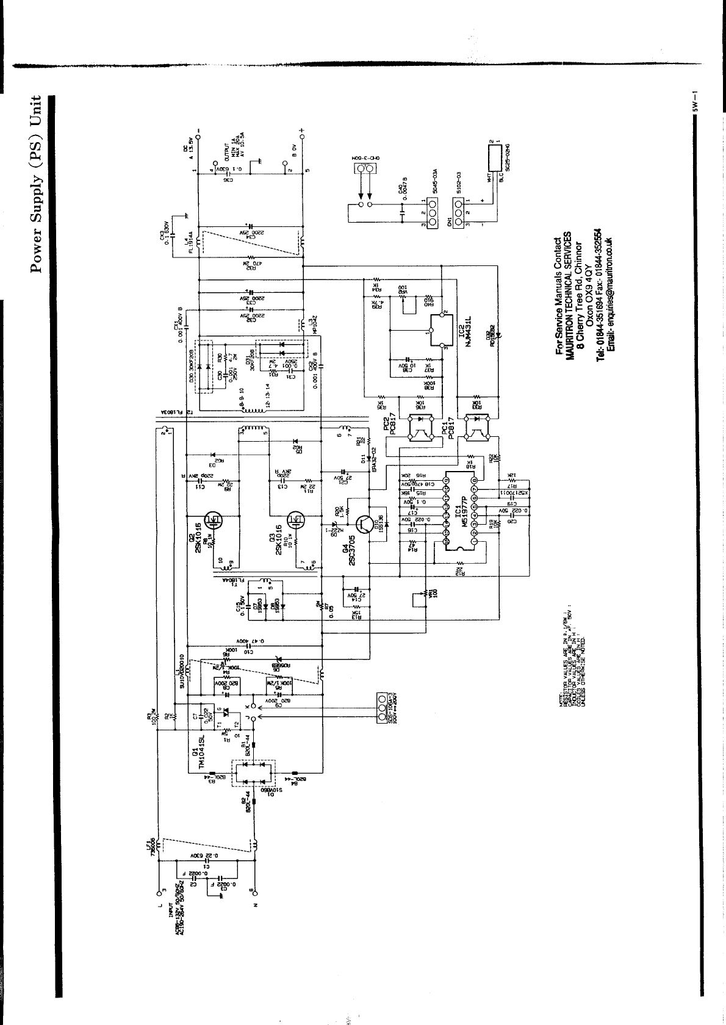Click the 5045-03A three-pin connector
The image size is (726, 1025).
click(429, 217)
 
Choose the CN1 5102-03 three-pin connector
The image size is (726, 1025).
click(458, 218)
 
